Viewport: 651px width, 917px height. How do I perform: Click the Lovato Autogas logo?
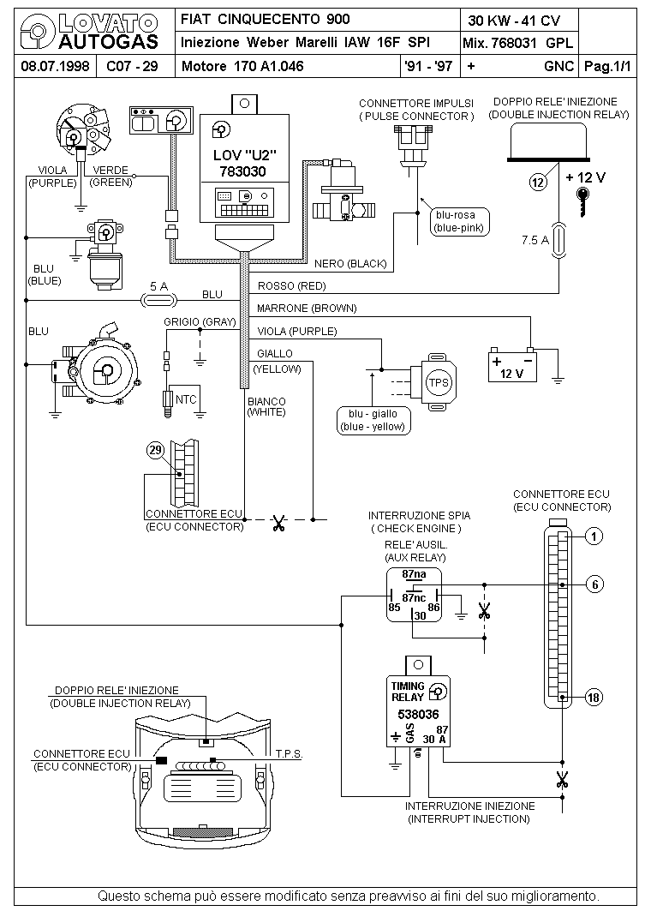pos(90,32)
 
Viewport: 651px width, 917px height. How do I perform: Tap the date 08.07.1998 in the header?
pos(55,66)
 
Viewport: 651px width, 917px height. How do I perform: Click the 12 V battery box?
pos(512,366)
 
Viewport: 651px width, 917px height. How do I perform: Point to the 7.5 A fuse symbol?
pos(559,240)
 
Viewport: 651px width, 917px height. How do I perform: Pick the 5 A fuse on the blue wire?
pos(159,301)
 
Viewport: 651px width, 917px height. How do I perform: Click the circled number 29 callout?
pos(155,450)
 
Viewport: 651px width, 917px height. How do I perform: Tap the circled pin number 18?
pos(594,697)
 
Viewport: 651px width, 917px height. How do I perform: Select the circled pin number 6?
pos(594,584)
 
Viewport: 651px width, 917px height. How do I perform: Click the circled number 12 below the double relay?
pos(538,182)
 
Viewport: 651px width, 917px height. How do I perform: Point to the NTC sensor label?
pos(186,400)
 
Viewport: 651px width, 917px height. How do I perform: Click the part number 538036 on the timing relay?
pos(418,714)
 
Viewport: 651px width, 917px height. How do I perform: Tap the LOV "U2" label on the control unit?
pos(244,156)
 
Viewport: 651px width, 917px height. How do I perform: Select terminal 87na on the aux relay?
pos(414,574)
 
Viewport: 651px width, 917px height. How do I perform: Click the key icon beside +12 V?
pos(582,201)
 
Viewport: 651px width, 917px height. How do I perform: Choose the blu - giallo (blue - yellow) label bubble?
pos(373,421)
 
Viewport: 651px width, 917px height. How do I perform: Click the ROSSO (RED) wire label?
pos(291,286)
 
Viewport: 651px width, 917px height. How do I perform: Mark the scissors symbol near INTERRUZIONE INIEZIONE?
pos(562,780)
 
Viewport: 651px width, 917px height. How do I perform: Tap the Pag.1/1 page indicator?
pos(608,66)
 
